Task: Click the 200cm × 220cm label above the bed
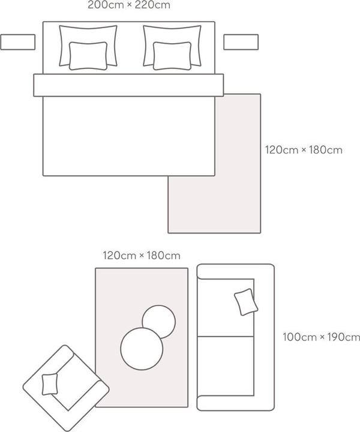pos(129,5)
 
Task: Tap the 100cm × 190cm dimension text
pos(322,337)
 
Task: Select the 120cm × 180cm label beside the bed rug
pos(304,150)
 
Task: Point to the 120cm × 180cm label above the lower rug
pos(142,256)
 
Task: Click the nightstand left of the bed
pos(18,42)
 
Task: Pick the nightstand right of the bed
pos(241,42)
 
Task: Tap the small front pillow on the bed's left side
pos(88,56)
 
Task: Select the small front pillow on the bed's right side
pos(172,56)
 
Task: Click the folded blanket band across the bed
pos(128,85)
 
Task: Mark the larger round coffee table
pos(142,349)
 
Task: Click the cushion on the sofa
pos(246,302)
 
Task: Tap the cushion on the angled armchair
pos(50,385)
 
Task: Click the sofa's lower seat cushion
pos(226,366)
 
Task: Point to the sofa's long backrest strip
pos(264,337)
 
